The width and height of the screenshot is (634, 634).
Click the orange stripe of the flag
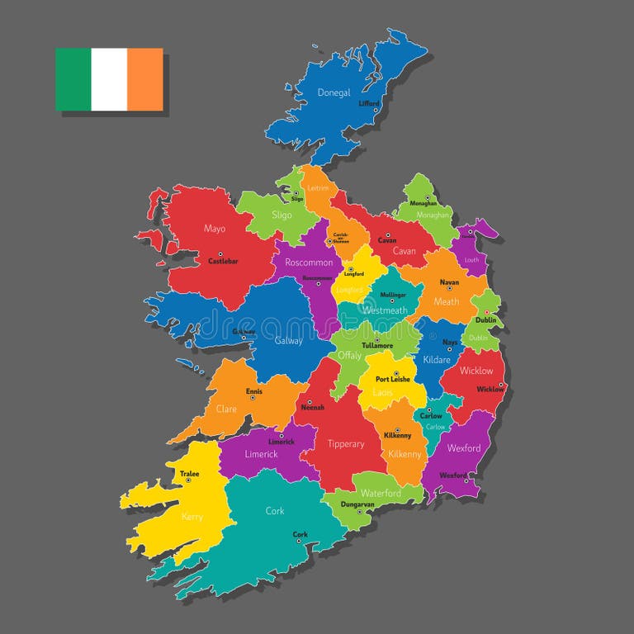click(x=145, y=79)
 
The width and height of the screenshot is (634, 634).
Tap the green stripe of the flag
click(x=73, y=79)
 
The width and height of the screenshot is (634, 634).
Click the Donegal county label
click(x=334, y=92)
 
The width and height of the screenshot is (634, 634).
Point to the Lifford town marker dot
click(x=376, y=110)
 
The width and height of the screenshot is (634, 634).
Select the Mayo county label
click(x=215, y=229)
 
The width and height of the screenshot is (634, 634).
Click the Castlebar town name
click(x=223, y=261)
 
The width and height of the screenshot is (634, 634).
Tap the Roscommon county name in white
click(x=309, y=263)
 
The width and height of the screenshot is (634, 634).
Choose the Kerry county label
click(x=192, y=517)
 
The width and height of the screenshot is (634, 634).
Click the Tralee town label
click(x=189, y=474)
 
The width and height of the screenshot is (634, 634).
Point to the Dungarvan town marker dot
click(x=359, y=511)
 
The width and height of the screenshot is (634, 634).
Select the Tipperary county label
click(x=346, y=444)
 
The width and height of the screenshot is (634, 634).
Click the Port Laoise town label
click(x=393, y=379)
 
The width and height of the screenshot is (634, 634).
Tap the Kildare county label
click(x=437, y=360)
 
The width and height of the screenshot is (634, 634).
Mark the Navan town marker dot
click(x=449, y=289)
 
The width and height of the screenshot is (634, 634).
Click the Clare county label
click(x=226, y=409)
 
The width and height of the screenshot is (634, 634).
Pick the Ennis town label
click(x=255, y=391)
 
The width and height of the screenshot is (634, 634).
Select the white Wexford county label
click(x=464, y=448)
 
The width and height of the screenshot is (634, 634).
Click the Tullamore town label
click(x=376, y=345)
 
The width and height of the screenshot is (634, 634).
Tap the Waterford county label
click(x=381, y=493)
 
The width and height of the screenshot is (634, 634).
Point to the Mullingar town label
click(x=393, y=295)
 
